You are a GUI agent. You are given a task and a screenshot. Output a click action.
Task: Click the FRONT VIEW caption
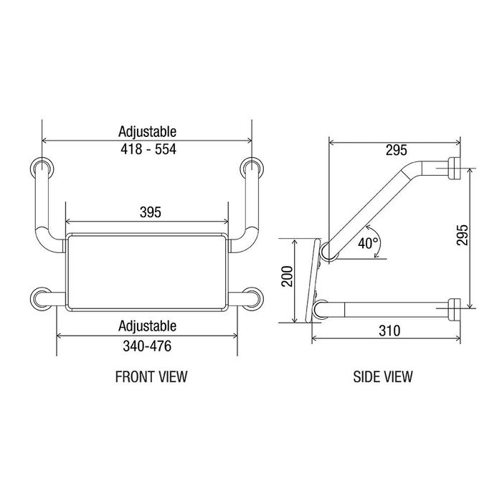tap(151, 376)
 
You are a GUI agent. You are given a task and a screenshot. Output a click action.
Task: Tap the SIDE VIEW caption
tap(383, 376)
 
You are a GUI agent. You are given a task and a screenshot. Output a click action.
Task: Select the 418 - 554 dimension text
tap(148, 149)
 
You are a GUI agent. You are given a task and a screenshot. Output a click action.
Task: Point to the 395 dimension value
tap(151, 212)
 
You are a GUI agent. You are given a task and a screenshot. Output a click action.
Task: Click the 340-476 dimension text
tap(147, 346)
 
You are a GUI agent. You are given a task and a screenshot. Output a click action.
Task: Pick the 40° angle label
tap(368, 243)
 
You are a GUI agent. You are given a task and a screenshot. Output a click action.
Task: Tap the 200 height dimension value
tap(287, 276)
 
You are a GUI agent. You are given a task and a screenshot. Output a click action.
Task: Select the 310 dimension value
tap(389, 331)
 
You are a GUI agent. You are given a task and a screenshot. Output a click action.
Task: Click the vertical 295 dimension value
tap(462, 235)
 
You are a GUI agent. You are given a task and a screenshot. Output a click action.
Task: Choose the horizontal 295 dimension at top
tap(397, 150)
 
